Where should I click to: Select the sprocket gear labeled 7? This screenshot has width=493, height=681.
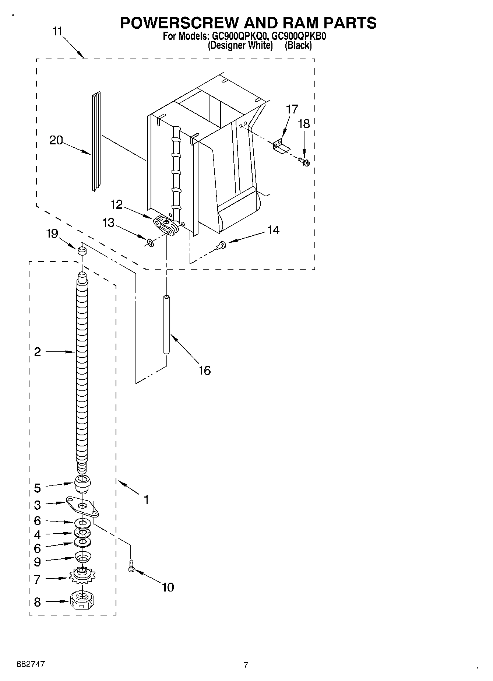pyautogui.click(x=82, y=575)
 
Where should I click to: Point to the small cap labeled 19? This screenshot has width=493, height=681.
pyautogui.click(x=82, y=251)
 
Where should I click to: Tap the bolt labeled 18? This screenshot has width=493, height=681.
pyautogui.click(x=304, y=161)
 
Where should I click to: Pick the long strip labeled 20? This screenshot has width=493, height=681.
pyautogui.click(x=96, y=141)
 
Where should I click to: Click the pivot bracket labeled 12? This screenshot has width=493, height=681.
pyautogui.click(x=166, y=225)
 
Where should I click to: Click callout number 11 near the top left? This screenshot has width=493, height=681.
pyautogui.click(x=57, y=31)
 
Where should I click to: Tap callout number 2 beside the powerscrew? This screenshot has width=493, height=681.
pyautogui.click(x=37, y=352)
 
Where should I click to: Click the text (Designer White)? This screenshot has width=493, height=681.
pyautogui.click(x=240, y=46)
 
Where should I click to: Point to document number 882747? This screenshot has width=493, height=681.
pyautogui.click(x=31, y=664)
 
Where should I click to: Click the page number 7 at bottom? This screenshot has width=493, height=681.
pyautogui.click(x=246, y=665)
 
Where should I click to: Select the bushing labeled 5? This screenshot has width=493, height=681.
pyautogui.click(x=82, y=484)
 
